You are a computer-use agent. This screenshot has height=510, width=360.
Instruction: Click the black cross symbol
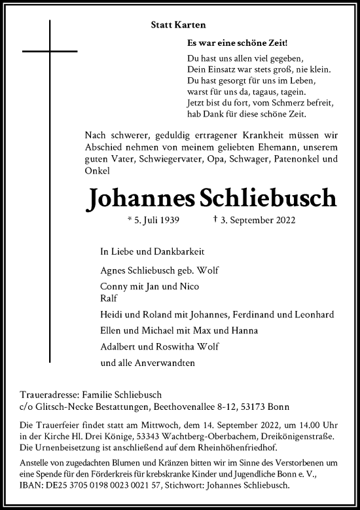tap(50, 51)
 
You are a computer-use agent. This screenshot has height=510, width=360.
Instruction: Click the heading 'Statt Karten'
tap(178, 25)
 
